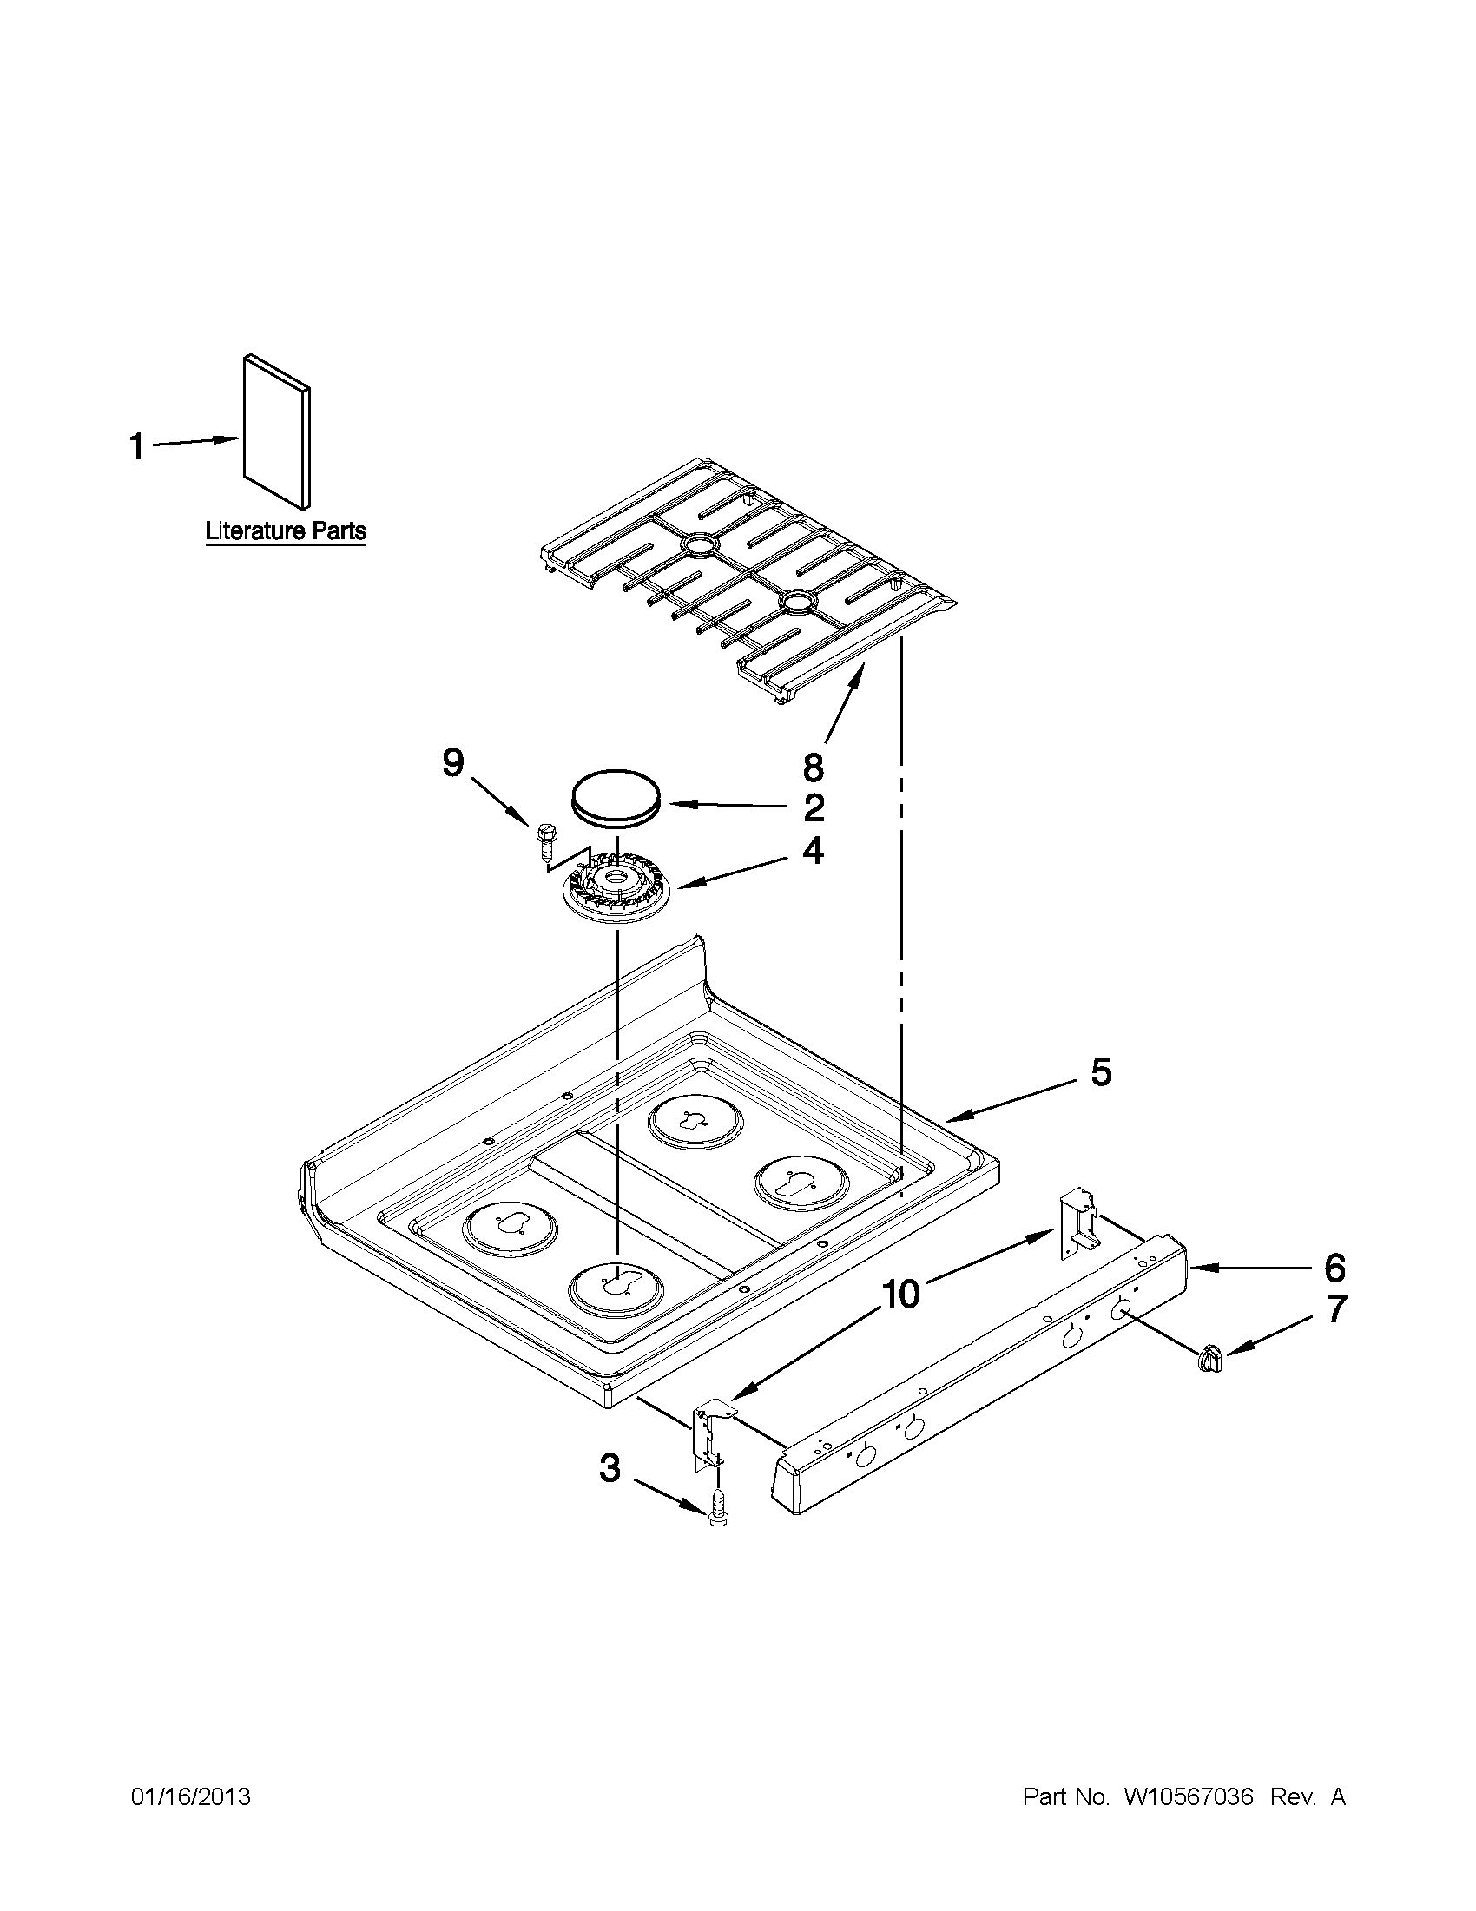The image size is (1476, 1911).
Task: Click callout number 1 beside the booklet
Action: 136,446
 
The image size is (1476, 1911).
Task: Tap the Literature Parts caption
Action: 286,531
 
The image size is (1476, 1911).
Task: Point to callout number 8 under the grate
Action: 813,767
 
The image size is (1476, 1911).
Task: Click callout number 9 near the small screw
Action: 452,763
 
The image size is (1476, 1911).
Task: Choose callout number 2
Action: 814,807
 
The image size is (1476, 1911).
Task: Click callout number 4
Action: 814,851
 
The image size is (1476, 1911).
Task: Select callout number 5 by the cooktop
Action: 1101,1072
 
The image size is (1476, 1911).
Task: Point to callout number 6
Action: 1334,1267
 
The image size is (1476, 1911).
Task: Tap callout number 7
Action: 1335,1309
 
